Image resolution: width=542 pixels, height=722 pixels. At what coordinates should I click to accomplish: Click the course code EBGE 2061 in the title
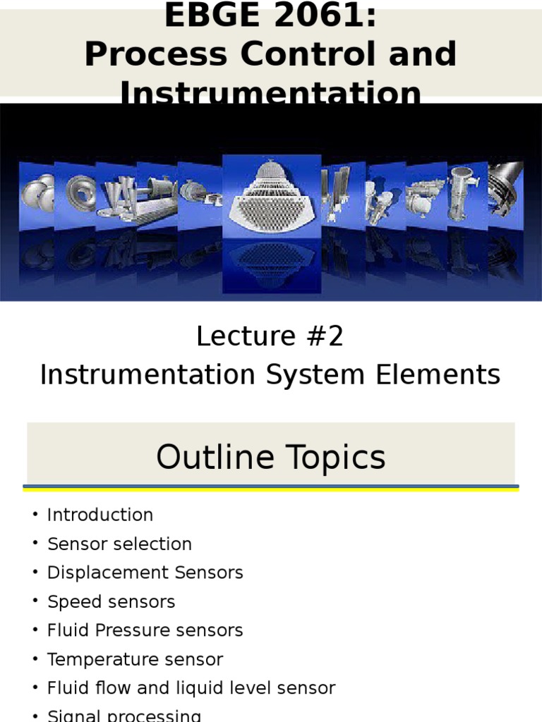(x=270, y=16)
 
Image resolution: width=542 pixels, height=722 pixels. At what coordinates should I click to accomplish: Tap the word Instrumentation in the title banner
(x=270, y=94)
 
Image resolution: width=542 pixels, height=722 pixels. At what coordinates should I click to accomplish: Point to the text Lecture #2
(x=270, y=337)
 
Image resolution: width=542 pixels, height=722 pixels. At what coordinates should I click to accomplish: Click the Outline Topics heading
(x=270, y=457)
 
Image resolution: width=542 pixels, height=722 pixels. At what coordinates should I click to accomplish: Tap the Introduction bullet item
(x=100, y=515)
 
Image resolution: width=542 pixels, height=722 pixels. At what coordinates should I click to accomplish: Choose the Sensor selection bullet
(x=119, y=544)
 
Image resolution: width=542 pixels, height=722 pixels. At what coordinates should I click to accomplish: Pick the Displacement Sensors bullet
(x=145, y=573)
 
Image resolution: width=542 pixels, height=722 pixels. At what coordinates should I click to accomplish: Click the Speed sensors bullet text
(x=111, y=602)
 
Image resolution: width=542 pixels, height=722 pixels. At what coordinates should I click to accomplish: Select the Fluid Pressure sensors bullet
(x=145, y=630)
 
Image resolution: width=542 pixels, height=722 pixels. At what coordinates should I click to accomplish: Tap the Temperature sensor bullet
(x=135, y=660)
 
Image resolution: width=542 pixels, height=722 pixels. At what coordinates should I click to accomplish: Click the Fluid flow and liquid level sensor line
(x=191, y=688)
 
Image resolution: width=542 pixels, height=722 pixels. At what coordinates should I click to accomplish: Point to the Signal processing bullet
(x=124, y=716)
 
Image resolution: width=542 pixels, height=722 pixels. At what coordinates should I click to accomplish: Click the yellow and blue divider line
(x=270, y=487)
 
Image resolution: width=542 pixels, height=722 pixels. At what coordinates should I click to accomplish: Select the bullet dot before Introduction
(x=35, y=515)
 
